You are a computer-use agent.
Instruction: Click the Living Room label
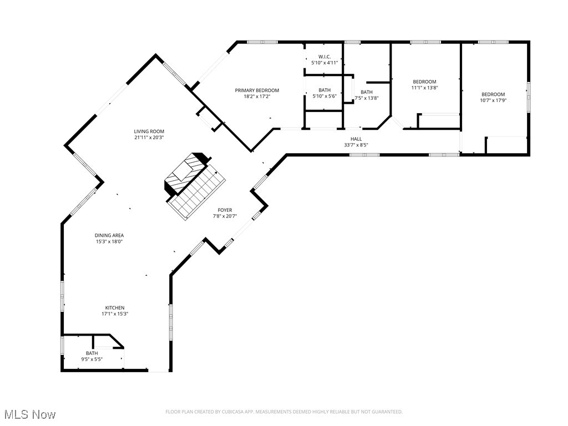(149, 131)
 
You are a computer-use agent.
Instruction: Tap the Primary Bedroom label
(257, 90)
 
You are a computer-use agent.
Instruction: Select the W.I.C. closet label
(324, 57)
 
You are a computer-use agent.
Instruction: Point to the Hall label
(356, 139)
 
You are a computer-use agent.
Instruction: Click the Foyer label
(225, 210)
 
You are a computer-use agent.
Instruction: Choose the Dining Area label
(109, 235)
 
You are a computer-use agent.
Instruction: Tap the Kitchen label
(115, 308)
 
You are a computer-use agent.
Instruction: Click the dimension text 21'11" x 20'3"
(149, 138)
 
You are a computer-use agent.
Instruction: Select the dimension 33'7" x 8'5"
(356, 145)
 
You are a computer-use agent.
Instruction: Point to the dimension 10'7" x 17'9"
(493, 101)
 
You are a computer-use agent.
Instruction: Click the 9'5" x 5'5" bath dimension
(92, 359)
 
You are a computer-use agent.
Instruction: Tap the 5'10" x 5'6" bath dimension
(324, 97)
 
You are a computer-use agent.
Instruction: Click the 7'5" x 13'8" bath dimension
(367, 98)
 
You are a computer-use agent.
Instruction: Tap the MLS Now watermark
(30, 414)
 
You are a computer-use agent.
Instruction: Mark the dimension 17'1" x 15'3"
(115, 314)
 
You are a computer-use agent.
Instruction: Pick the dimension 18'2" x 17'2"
(257, 97)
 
